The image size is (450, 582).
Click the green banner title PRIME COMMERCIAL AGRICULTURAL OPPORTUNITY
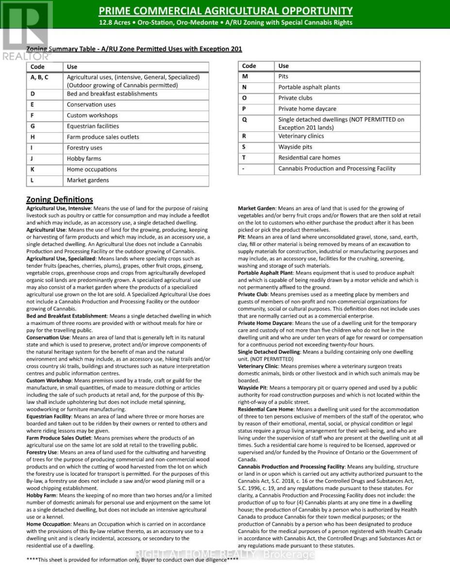(225, 11)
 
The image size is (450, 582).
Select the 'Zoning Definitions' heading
(59, 199)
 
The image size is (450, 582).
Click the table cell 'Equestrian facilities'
(93, 126)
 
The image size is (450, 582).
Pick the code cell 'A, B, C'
(39, 77)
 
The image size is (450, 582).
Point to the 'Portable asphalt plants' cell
(309, 87)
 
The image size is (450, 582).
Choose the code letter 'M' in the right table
(245, 77)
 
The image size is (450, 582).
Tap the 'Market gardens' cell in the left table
(88, 180)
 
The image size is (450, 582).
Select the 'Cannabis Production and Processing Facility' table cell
(336, 169)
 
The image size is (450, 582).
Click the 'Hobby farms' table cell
(84, 159)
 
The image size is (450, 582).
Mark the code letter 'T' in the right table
(244, 158)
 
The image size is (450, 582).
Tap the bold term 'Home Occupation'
(49, 524)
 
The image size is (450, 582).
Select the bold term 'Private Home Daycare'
(265, 323)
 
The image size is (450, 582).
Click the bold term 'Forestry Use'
(42, 452)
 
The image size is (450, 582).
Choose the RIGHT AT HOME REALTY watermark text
(225, 555)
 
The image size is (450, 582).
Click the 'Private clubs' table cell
(295, 98)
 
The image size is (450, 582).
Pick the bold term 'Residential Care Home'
(266, 409)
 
